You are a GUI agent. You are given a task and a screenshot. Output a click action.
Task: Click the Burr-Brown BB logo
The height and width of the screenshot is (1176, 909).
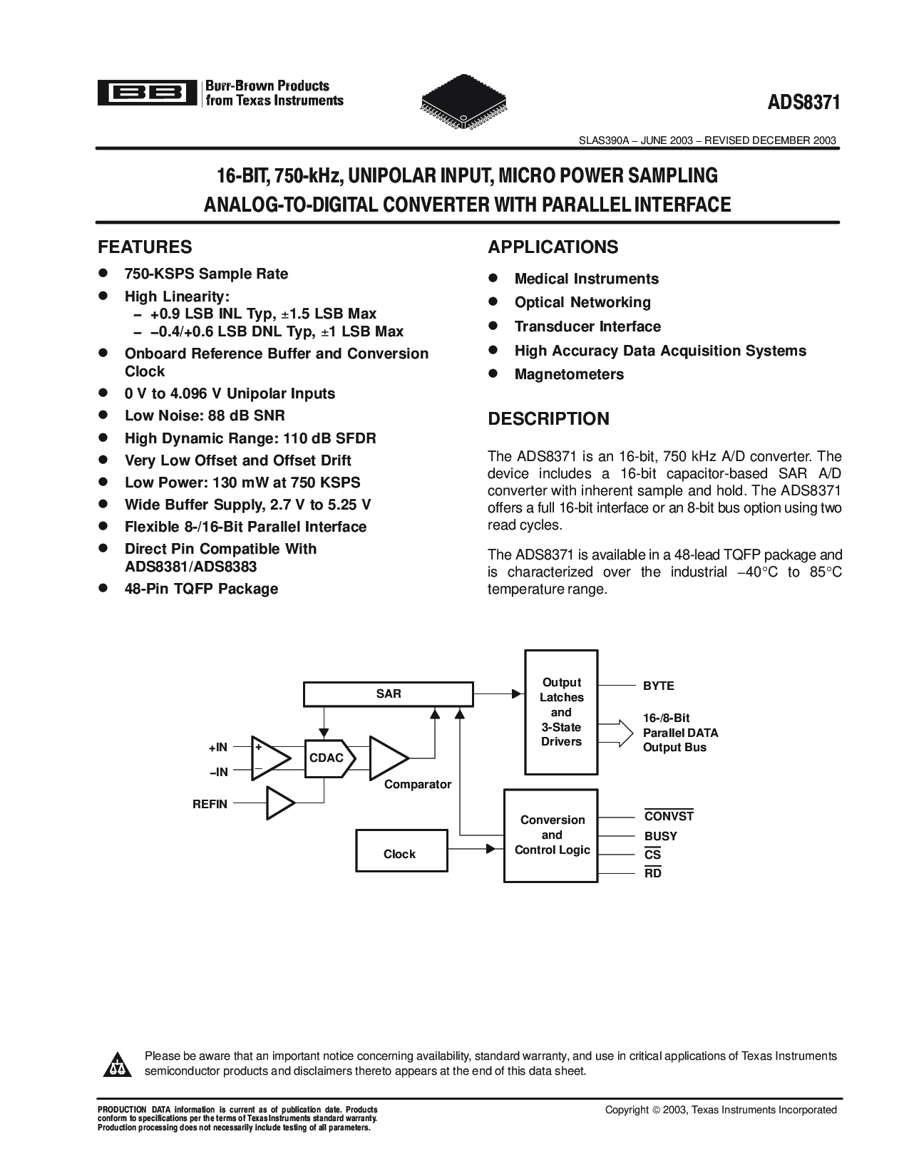coord(147,93)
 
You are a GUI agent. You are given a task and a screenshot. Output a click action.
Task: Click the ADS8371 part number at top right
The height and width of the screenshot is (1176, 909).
coord(804,102)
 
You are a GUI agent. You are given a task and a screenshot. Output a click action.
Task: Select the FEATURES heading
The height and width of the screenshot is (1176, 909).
coord(145,247)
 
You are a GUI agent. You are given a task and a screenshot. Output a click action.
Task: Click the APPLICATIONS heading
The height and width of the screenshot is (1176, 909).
coord(553,247)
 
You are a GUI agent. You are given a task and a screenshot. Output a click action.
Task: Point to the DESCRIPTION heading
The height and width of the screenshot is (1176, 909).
coord(548,418)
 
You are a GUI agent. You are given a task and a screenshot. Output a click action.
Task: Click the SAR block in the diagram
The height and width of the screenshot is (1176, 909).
coord(388,693)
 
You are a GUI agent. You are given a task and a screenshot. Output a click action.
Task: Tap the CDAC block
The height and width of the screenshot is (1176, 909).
coord(326,758)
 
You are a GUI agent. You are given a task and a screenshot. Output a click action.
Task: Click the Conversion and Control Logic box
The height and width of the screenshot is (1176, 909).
coord(551,835)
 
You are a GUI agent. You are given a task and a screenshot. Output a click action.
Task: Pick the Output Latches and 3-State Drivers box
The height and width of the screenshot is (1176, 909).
coord(561,712)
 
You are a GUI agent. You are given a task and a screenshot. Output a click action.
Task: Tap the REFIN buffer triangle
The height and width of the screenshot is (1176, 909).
coord(279,803)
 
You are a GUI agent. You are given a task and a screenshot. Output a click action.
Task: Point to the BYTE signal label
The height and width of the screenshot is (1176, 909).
coord(658,686)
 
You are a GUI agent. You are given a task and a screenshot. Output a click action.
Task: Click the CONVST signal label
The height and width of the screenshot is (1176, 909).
coord(668,817)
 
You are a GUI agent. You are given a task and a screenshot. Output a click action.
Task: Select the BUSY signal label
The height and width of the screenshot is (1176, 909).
coord(660,836)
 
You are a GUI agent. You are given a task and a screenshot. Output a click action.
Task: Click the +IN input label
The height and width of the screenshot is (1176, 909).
coord(218,747)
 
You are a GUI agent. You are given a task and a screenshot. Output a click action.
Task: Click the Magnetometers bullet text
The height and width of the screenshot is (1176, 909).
coord(568,374)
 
